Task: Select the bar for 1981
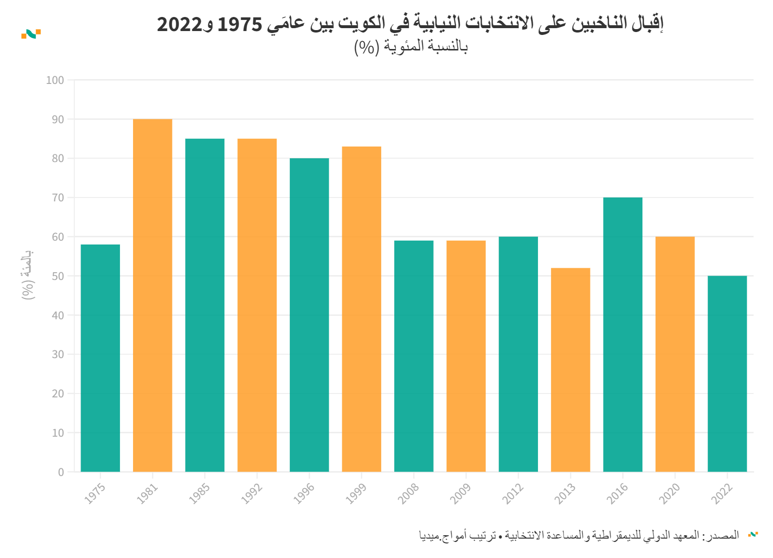(x=152, y=295)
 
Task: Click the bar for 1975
(x=100, y=358)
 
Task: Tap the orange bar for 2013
(x=571, y=370)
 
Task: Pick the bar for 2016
(x=622, y=334)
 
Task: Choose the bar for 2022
(x=727, y=374)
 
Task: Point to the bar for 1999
(x=361, y=309)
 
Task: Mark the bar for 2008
(x=414, y=356)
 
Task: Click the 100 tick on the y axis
(x=55, y=80)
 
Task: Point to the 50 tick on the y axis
(x=57, y=276)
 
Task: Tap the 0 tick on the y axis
(x=61, y=472)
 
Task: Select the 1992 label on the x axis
(x=252, y=493)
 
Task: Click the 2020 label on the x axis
(x=670, y=493)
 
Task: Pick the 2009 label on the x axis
(x=460, y=493)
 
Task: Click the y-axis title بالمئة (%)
(x=28, y=274)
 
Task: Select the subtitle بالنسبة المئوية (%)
(x=411, y=47)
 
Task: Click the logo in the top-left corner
(x=31, y=33)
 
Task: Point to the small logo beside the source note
(x=753, y=534)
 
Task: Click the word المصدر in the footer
(x=724, y=535)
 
